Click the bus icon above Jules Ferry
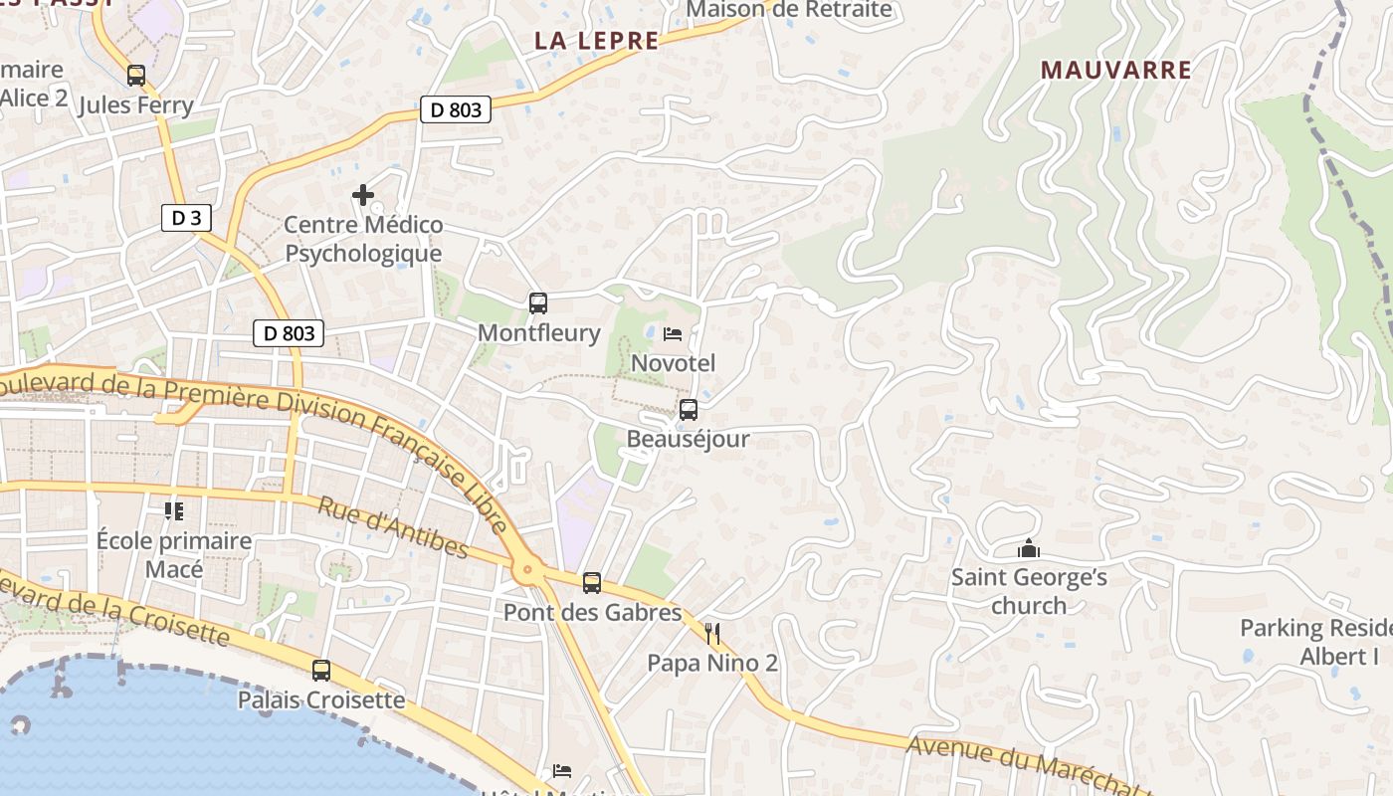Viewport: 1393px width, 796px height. click(136, 76)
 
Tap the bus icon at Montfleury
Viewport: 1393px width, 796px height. click(538, 303)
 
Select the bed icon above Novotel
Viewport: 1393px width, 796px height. click(673, 333)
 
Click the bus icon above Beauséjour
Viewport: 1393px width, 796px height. click(688, 410)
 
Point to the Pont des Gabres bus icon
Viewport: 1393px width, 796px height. click(592, 583)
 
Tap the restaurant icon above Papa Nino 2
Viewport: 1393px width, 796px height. click(711, 634)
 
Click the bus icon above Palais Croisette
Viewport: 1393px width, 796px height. click(321, 671)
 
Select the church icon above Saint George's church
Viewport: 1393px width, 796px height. click(1029, 548)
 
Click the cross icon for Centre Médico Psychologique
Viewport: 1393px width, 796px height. click(363, 195)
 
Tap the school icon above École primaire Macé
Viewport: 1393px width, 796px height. click(174, 511)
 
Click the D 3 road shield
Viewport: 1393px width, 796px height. click(186, 218)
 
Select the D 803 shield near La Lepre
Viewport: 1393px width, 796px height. click(457, 109)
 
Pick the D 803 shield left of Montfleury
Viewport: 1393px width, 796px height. click(289, 333)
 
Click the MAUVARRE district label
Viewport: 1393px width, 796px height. click(1115, 70)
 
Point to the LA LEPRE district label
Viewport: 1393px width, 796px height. click(597, 41)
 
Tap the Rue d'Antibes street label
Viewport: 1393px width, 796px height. click(392, 528)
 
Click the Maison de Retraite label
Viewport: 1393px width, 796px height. click(789, 10)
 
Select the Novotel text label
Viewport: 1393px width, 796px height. click(674, 363)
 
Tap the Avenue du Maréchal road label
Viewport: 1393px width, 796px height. click(1025, 760)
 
